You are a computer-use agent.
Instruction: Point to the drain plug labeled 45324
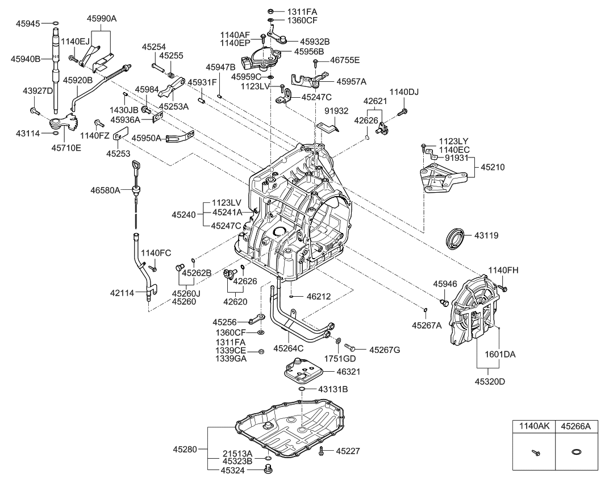click(269, 469)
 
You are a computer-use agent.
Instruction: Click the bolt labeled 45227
click(322, 451)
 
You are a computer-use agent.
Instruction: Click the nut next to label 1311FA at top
click(271, 11)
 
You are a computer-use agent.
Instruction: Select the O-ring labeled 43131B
click(303, 389)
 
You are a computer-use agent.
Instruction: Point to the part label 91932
click(352, 111)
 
